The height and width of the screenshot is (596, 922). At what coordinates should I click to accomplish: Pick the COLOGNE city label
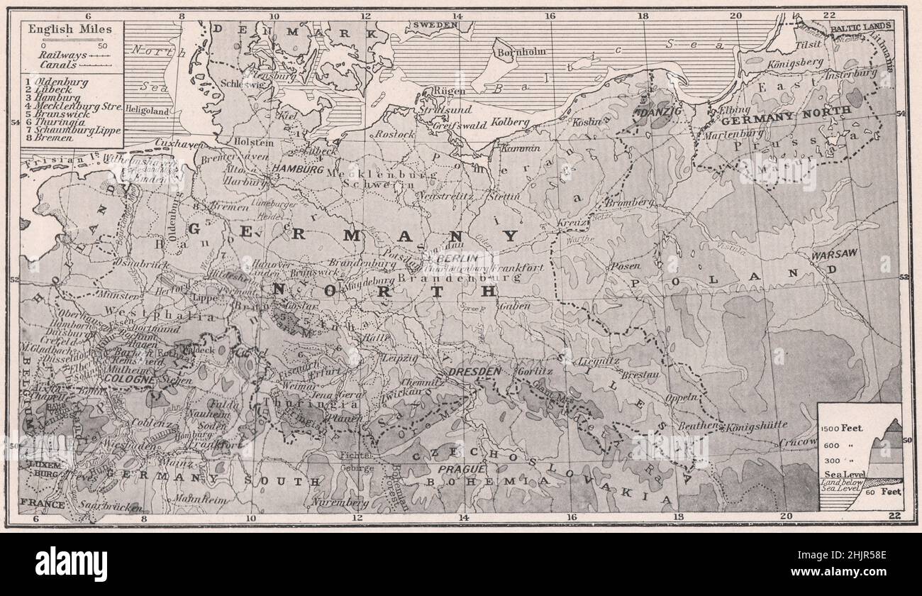coord(129,380)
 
